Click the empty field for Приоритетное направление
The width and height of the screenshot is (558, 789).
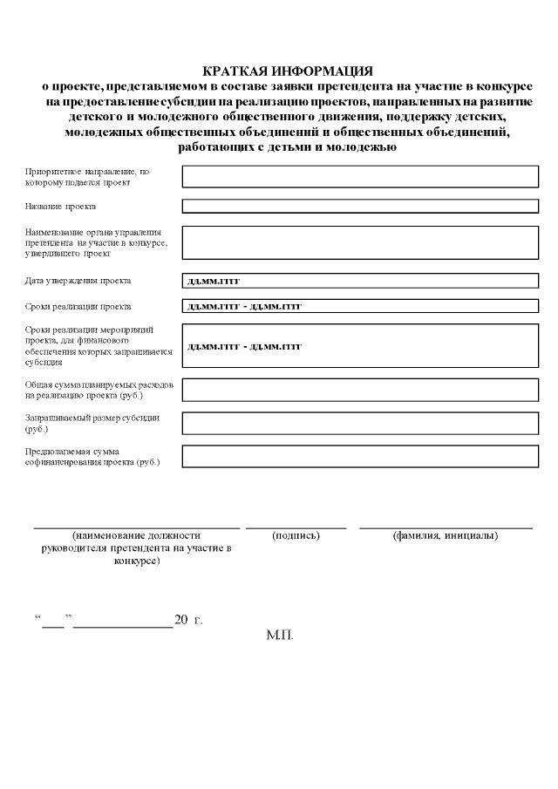pos(360,177)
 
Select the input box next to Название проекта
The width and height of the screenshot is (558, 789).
pos(360,207)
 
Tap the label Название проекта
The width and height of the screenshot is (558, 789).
pos(60,207)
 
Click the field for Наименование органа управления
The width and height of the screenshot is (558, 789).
pos(360,242)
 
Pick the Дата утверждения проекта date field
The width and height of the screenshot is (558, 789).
pos(360,281)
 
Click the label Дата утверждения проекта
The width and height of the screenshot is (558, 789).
pos(78,281)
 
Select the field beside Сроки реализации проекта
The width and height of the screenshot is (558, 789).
pos(360,307)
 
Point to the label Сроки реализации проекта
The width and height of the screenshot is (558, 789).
pos(78,307)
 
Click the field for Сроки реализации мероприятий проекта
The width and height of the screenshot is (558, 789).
pos(360,345)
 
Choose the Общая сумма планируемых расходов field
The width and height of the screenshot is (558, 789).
pos(360,390)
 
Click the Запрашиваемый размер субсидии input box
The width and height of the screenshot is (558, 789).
pos(360,423)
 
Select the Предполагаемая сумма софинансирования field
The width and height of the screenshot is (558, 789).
pos(360,456)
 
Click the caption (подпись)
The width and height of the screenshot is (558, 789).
pos(296,534)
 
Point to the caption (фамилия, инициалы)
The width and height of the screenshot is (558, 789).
pos(446,534)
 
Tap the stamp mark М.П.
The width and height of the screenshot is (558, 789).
pos(280,635)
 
